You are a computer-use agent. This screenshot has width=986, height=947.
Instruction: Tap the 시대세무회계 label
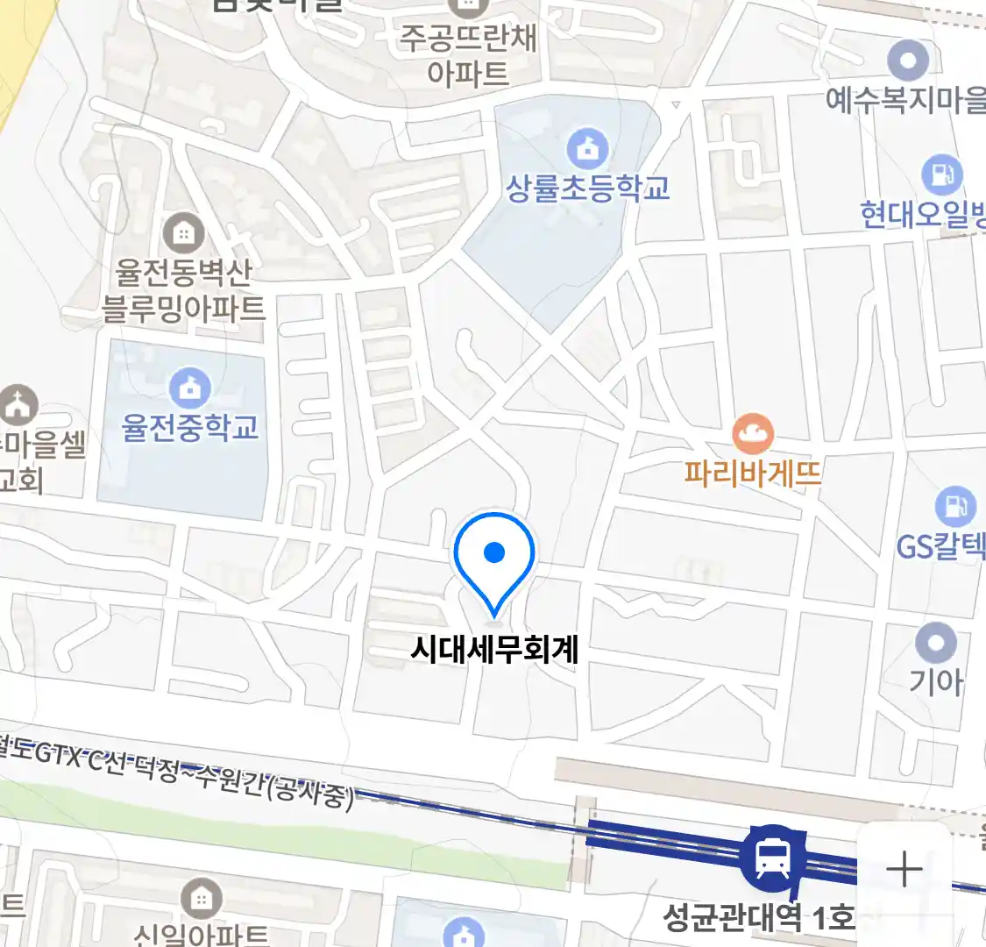point(494,650)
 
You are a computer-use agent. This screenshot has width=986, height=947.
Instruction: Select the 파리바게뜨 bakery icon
point(752,432)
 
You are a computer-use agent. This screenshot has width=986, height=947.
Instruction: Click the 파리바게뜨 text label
point(752,473)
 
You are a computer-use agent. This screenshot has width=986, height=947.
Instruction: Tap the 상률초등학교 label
point(588,187)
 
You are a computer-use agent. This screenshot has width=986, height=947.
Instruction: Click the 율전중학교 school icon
point(189,387)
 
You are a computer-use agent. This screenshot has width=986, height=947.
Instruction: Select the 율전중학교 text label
point(190,427)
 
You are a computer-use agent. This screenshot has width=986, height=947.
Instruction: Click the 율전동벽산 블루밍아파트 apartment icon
point(183,234)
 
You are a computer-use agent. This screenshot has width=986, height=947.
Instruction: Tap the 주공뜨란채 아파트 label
point(467,55)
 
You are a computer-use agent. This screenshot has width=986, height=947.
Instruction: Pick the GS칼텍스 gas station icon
point(954,506)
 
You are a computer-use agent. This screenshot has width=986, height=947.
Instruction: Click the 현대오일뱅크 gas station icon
point(941,174)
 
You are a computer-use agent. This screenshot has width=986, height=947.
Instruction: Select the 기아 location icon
point(935,643)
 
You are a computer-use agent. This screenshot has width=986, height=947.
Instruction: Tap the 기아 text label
point(935,681)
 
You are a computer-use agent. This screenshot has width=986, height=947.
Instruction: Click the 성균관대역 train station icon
point(771,858)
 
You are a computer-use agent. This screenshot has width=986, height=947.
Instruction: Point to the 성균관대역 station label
point(757,918)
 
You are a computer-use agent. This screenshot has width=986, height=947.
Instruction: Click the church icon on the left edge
point(18,404)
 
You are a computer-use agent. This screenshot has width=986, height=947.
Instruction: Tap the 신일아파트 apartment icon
point(201,899)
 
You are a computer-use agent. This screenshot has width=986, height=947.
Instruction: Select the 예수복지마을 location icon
point(907,61)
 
